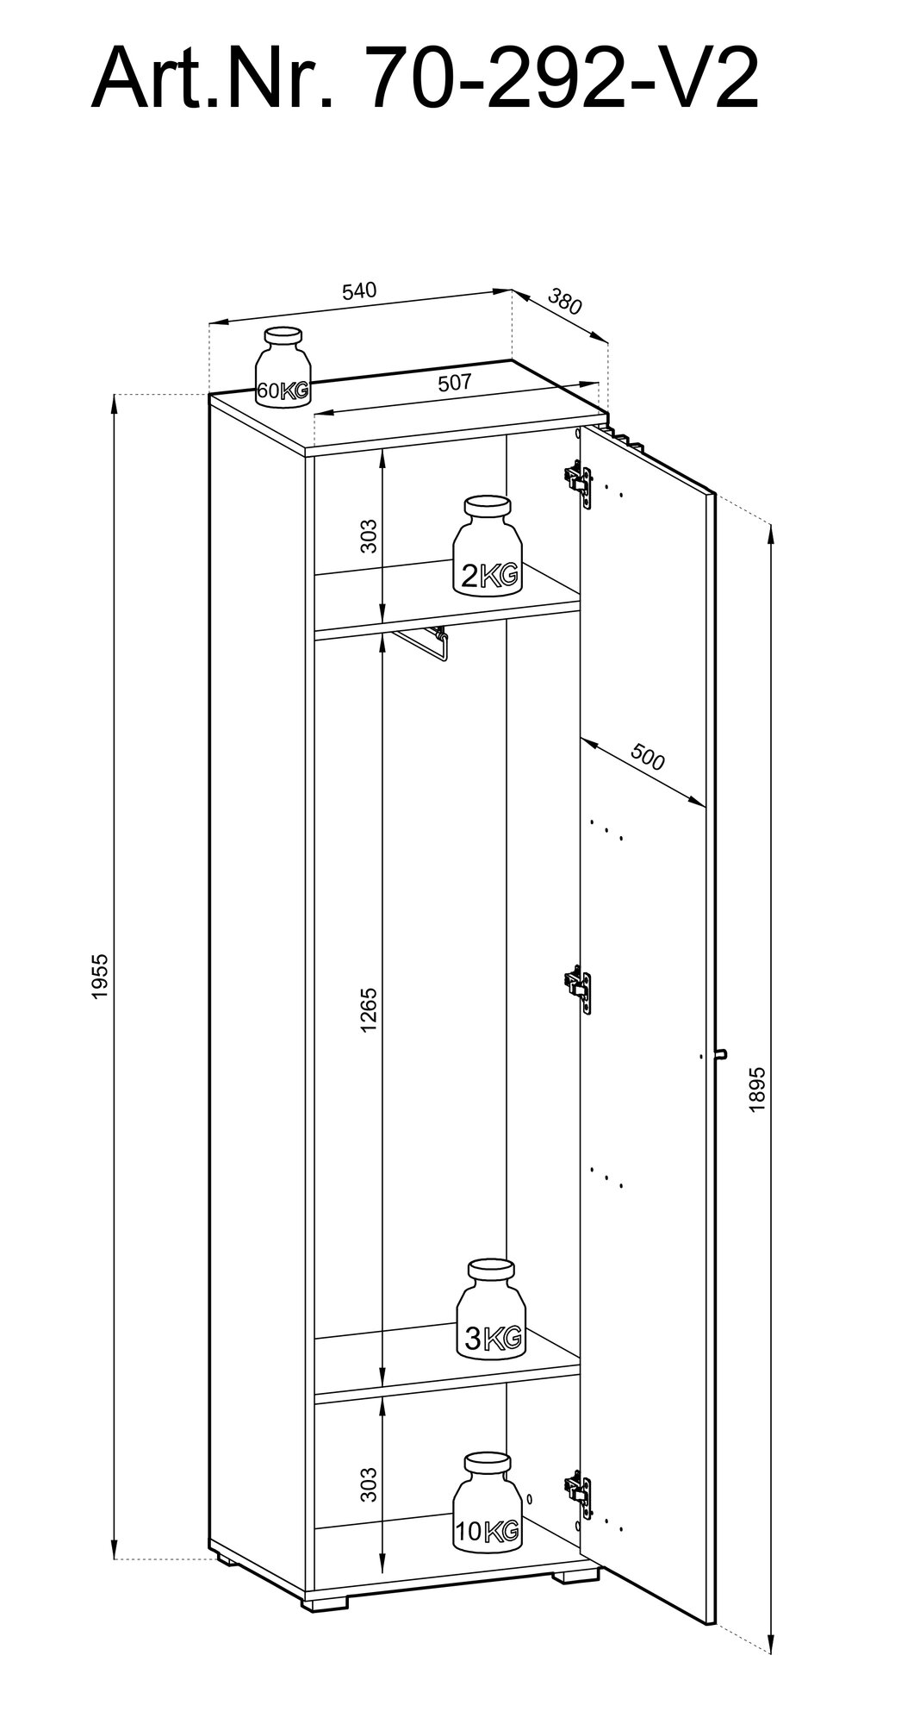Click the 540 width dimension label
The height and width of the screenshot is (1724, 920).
(359, 290)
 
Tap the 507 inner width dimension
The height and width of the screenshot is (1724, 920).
(454, 384)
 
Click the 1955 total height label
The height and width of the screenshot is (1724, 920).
(101, 977)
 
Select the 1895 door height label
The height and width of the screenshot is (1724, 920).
(757, 1088)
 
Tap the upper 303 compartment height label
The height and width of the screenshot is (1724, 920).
(369, 536)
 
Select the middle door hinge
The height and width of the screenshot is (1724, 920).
(578, 985)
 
